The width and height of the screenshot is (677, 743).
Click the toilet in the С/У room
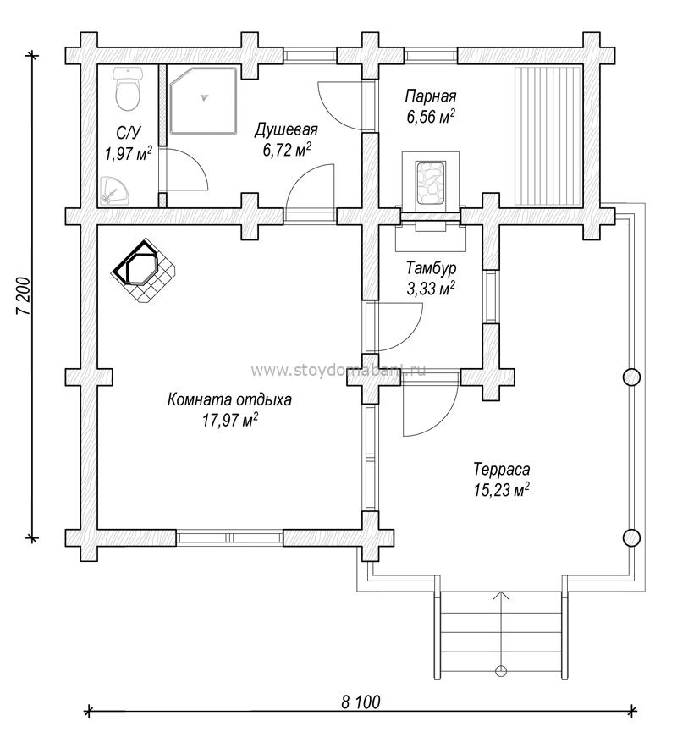[128, 89]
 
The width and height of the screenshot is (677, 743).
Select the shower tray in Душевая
[203, 100]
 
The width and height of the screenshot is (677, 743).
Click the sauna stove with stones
[431, 183]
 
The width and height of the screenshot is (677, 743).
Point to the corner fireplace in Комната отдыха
[143, 271]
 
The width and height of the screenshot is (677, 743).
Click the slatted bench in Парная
[548, 136]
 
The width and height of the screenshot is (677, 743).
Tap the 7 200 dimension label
[24, 295]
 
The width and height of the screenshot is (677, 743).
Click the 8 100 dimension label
[361, 702]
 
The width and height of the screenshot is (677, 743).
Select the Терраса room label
[501, 469]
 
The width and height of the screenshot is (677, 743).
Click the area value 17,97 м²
[230, 420]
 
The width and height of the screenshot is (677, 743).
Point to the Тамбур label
[431, 268]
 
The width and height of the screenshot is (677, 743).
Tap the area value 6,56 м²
[431, 116]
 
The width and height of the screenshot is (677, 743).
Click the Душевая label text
[286, 129]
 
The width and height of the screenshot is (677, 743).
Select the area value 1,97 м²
[128, 153]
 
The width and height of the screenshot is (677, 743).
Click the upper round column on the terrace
[631, 377]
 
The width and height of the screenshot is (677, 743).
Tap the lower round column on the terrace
[631, 537]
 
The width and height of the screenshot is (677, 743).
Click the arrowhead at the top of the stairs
[501, 595]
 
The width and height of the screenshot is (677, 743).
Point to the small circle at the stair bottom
[501, 671]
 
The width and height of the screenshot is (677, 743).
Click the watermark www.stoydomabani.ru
[338, 370]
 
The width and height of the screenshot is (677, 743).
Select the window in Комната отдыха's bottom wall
[230, 537]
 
